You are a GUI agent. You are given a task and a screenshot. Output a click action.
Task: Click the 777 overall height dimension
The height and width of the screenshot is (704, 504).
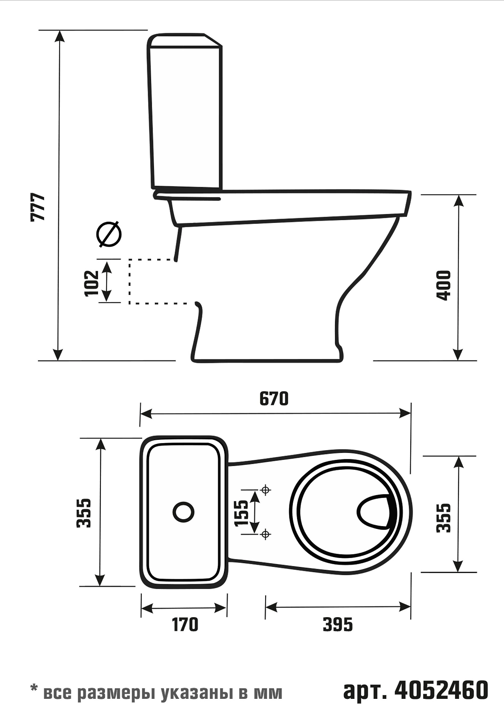[38, 207]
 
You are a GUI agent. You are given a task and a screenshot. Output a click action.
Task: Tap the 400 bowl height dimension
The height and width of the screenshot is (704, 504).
[443, 286]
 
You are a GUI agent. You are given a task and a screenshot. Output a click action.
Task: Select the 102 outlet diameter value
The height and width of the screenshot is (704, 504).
[92, 283]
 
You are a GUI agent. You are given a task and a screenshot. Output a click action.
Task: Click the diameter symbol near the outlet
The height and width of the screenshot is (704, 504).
[108, 234]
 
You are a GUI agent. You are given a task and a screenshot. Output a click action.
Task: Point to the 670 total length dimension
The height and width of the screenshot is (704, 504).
[274, 399]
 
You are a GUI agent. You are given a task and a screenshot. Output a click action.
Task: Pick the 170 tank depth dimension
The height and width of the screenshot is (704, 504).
[185, 625]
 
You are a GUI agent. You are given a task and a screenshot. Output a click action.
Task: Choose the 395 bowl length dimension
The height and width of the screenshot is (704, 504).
[338, 625]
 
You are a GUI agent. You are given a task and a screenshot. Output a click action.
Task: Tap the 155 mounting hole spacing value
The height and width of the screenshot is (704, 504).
[241, 513]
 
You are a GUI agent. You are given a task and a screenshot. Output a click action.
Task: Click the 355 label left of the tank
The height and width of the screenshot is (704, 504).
[84, 513]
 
